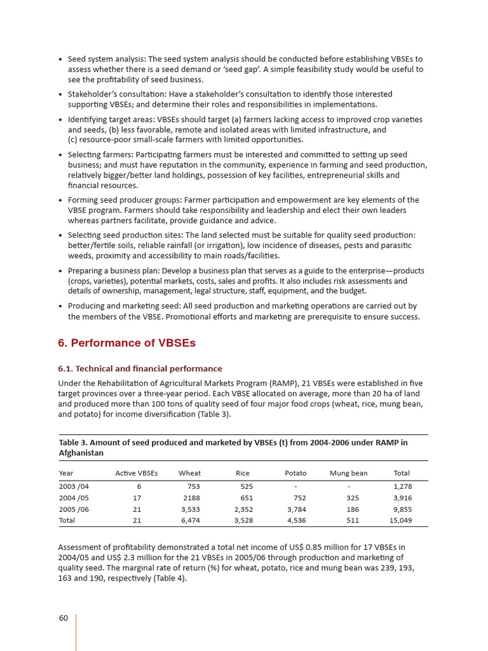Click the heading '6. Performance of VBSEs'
pyautogui.click(x=126, y=343)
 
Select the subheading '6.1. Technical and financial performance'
pyautogui.click(x=140, y=369)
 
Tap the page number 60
pyautogui.click(x=64, y=619)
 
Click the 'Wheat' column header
pyautogui.click(x=189, y=473)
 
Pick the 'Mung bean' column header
pyautogui.click(x=348, y=473)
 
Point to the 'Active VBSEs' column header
pyautogui.click(x=136, y=473)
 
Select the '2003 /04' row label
pyautogui.click(x=74, y=486)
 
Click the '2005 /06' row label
pyautogui.click(x=74, y=509)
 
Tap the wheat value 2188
pyautogui.click(x=191, y=498)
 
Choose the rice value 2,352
pyautogui.click(x=243, y=509)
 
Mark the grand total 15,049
pyautogui.click(x=400, y=520)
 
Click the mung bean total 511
pyautogui.click(x=353, y=520)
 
